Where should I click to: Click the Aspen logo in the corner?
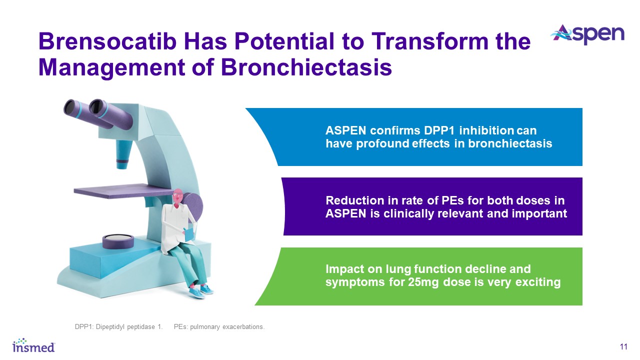588,35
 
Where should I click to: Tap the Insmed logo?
33,345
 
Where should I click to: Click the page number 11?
623,347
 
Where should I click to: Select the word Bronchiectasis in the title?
306,67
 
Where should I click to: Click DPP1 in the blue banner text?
440,130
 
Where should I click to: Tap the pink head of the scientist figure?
177,197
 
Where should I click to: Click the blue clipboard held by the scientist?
189,233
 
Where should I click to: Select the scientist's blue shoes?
201,291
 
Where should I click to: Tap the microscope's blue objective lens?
123,154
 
